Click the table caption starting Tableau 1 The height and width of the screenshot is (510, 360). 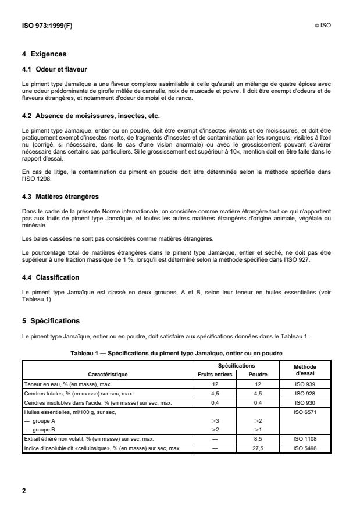pos(174,353)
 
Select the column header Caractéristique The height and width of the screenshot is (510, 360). pos(108,375)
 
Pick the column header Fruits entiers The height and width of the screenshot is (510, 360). pos(215,375)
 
